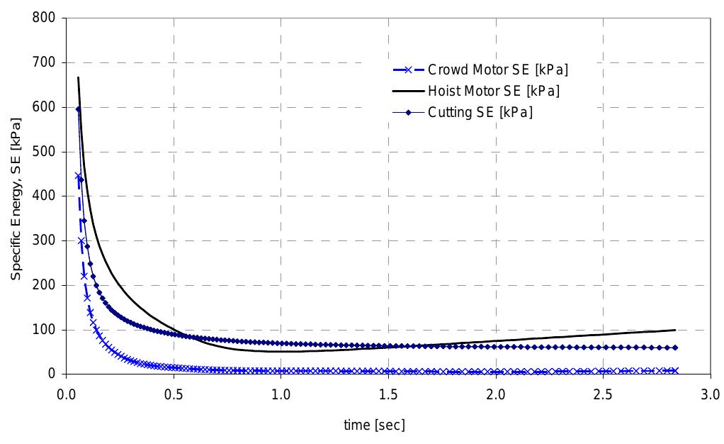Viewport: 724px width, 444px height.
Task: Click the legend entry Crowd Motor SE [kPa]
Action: pos(498,70)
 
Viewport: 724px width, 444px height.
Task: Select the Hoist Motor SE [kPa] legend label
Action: pos(493,91)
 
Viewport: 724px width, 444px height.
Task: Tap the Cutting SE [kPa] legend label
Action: pos(480,112)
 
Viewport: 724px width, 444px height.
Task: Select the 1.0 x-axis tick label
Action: pos(281,393)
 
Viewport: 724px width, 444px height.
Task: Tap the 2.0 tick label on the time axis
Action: pos(496,393)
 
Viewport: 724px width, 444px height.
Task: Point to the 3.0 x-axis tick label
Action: pos(711,393)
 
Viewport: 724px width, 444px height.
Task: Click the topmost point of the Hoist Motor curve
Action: pos(78,77)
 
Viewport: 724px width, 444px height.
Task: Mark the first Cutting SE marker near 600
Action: pos(78,109)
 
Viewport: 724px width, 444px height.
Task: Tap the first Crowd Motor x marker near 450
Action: pos(78,175)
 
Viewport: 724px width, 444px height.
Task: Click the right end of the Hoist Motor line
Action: pos(675,330)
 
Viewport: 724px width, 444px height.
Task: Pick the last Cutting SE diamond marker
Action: pos(675,348)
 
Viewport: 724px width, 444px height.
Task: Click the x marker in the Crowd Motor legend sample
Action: pos(408,70)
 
